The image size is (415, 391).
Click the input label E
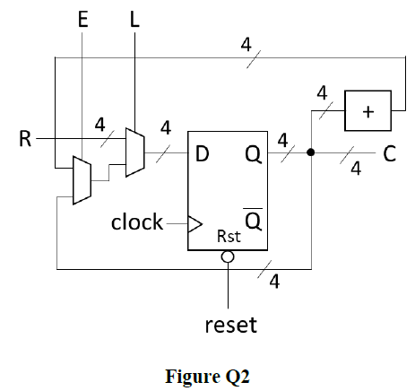[x=83, y=20]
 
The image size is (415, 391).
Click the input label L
[x=134, y=20]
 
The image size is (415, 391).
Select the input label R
[x=25, y=139]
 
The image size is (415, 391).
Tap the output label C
[x=390, y=153]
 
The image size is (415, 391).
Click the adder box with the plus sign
[x=367, y=110]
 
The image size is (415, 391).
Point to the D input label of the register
[x=202, y=154]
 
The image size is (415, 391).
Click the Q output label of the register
[x=254, y=155]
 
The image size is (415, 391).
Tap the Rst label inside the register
[x=229, y=236]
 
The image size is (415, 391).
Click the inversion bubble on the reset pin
[x=228, y=256]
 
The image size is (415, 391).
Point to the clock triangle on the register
[x=195, y=224]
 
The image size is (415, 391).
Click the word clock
[x=137, y=222]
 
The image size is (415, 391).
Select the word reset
[x=231, y=325]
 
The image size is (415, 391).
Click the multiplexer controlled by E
[x=82, y=180]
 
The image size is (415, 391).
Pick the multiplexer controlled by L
[x=135, y=152]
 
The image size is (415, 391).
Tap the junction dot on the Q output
[x=311, y=152]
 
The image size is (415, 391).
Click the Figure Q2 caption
[x=207, y=377]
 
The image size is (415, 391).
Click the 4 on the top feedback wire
[x=246, y=45]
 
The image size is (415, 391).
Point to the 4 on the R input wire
[x=100, y=125]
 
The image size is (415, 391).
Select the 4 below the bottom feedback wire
[x=274, y=282]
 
